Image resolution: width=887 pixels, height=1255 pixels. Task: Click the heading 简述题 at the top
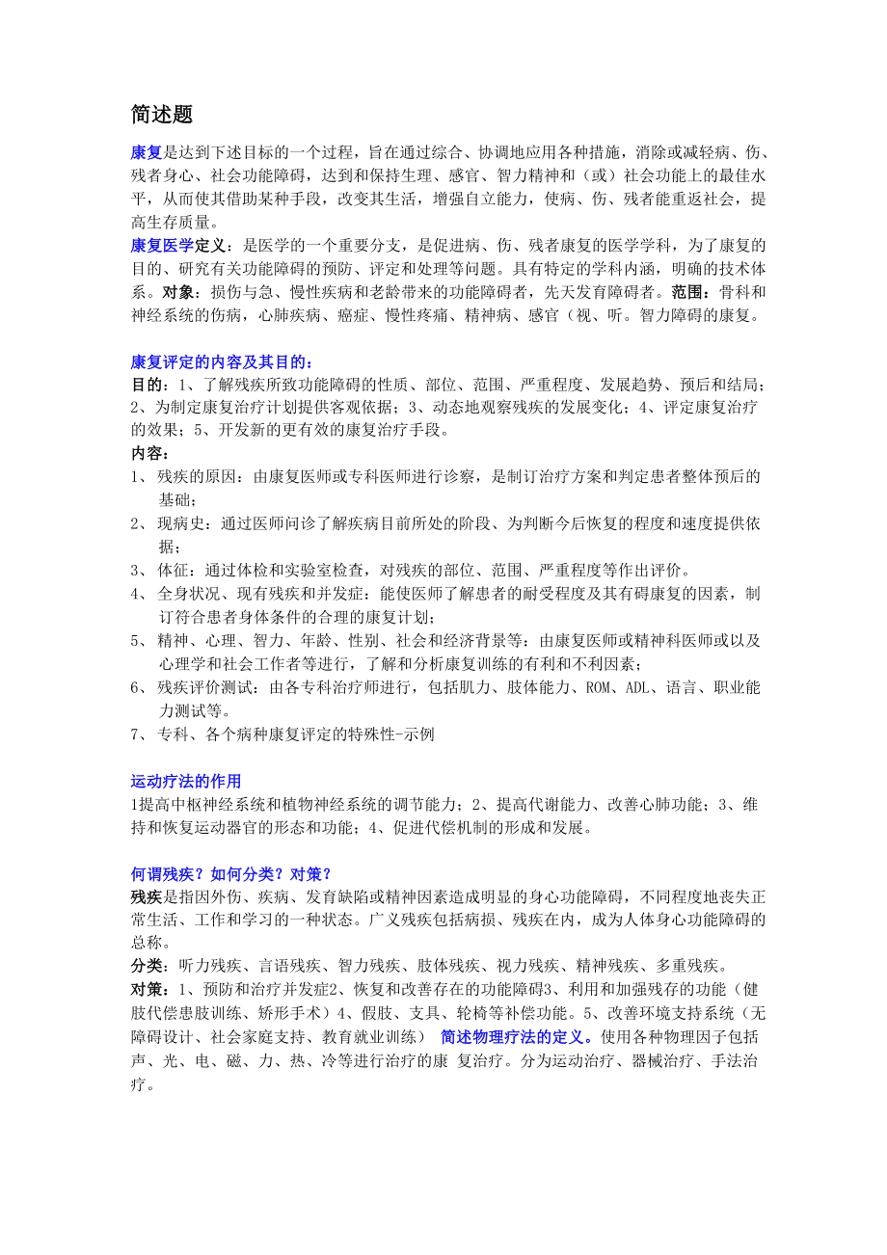coord(162,115)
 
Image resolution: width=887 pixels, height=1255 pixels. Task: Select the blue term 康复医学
coord(162,245)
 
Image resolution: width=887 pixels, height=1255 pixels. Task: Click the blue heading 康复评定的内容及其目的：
coord(222,361)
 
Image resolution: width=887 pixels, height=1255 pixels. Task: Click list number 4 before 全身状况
coord(136,593)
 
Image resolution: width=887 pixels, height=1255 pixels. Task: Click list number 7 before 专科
coord(136,734)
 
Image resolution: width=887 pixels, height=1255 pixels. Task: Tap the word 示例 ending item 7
coord(419,734)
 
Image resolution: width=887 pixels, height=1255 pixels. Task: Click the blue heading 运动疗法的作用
coord(186,781)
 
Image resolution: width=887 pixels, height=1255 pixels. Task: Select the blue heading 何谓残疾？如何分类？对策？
coord(231,873)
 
